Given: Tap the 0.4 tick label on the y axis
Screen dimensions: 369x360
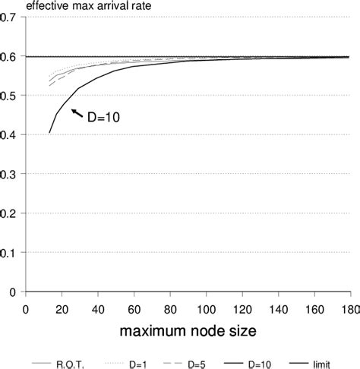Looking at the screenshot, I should click(x=13, y=135).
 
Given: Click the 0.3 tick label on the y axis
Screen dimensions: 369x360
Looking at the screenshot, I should click(x=13, y=174).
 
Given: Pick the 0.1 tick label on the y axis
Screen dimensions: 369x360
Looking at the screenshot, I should click(x=13, y=253).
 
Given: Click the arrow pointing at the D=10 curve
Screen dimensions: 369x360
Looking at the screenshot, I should click(x=77, y=113).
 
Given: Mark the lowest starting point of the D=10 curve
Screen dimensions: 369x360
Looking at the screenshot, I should click(x=50, y=133).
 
